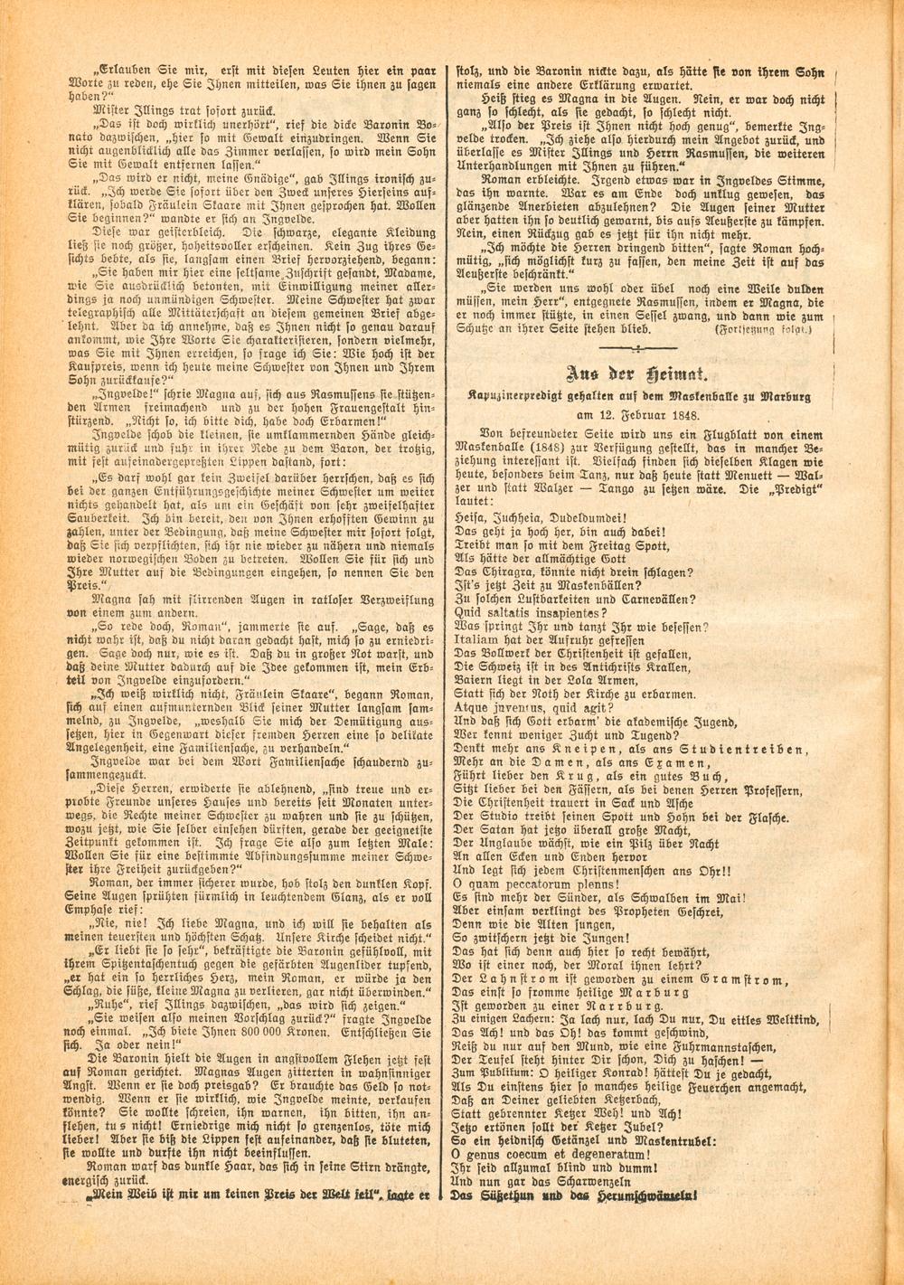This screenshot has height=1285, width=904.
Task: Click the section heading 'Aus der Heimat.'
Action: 637,374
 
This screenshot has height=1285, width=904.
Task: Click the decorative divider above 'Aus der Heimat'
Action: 637,348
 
